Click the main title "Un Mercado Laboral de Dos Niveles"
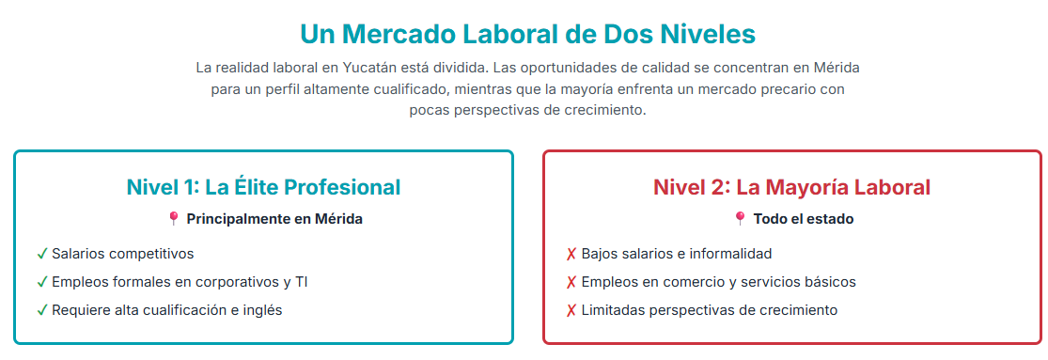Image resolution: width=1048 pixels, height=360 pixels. [x=527, y=34]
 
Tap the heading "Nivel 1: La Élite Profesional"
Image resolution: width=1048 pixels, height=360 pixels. [x=263, y=188]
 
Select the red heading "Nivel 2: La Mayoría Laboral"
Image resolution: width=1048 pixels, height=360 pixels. [x=792, y=188]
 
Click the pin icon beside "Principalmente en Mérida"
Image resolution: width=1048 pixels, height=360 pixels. [x=173, y=219]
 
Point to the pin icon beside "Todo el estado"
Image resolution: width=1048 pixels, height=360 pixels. [x=740, y=219]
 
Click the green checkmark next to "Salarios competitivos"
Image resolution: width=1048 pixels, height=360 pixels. [x=42, y=254]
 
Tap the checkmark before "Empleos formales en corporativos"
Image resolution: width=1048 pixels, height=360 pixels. [x=42, y=283]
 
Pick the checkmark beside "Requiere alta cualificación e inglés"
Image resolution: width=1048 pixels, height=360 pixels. [x=42, y=310]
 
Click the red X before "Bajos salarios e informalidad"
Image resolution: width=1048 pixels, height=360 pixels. [x=571, y=254]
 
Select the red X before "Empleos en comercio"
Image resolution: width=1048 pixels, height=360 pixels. [x=571, y=283]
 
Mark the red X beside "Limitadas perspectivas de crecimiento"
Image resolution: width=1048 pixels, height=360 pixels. [x=571, y=310]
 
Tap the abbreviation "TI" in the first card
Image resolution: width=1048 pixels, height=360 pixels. [x=301, y=282]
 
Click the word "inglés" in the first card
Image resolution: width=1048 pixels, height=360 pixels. [x=262, y=311]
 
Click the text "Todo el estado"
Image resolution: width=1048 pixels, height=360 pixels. [x=804, y=219]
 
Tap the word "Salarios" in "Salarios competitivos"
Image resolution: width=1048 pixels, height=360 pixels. [x=77, y=254]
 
